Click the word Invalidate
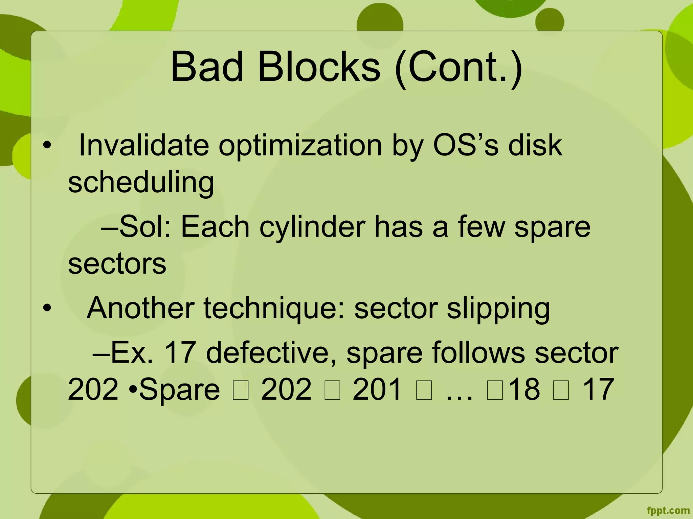[144, 145]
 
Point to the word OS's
[465, 145]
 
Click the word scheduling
[141, 183]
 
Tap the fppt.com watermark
[668, 511]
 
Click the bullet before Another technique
[47, 308]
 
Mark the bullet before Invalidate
[47, 145]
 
